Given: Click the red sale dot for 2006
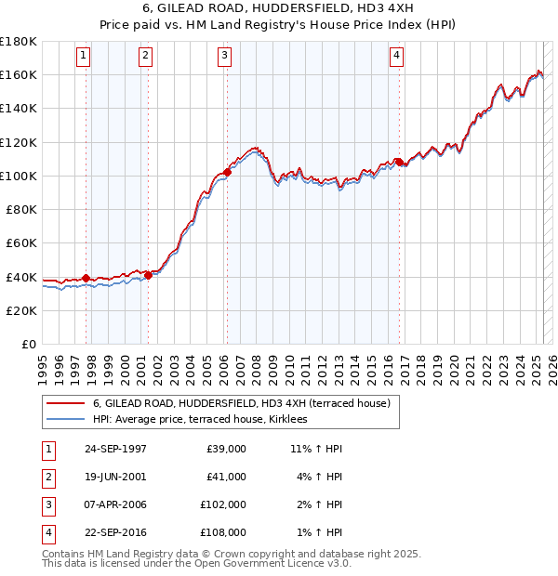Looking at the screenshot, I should [227, 172].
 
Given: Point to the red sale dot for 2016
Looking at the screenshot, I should [399, 162].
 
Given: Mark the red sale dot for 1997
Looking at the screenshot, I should [86, 278].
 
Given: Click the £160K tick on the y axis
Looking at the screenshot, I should [19, 74].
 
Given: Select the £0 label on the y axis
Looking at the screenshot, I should [28, 345].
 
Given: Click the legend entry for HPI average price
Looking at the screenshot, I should [206, 419].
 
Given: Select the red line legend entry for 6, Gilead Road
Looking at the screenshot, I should [246, 403].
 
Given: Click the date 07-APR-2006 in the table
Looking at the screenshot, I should [115, 506].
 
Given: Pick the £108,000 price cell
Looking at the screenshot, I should [223, 532].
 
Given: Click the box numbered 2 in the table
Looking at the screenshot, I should [46, 478].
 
